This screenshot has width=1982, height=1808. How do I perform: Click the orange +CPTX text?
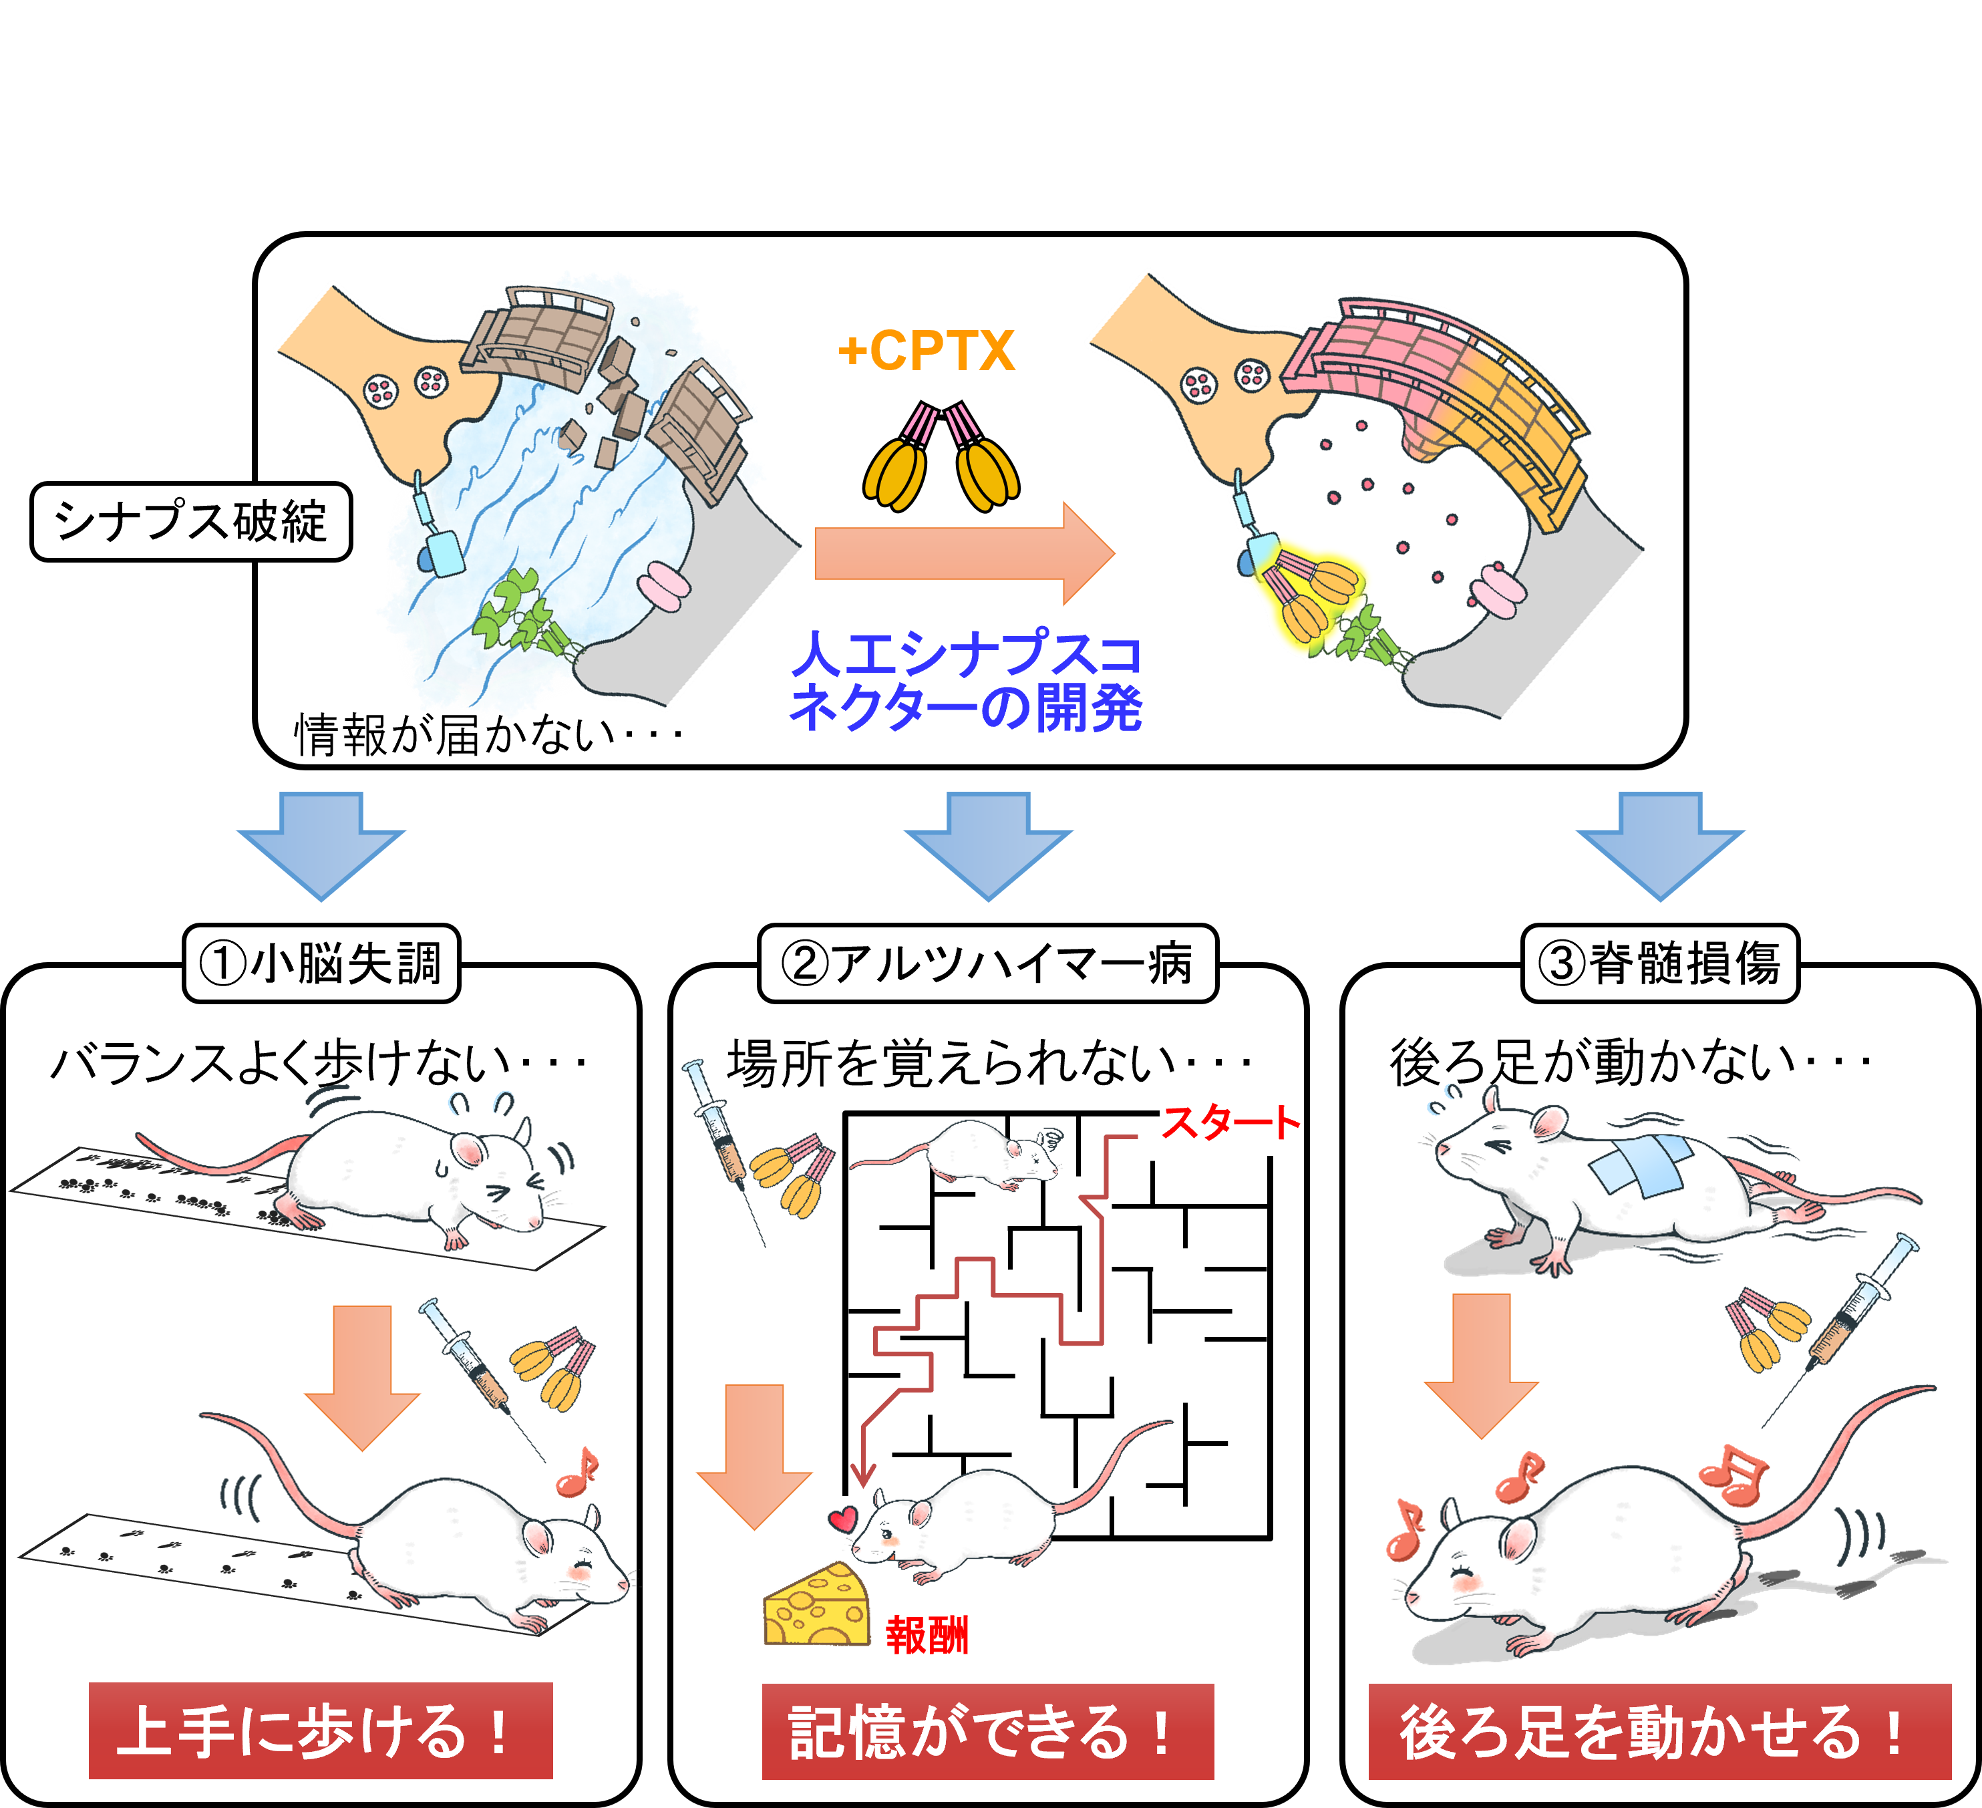[x=926, y=351]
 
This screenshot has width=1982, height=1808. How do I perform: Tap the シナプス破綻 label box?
[x=191, y=521]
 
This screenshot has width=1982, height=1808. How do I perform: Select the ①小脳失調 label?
[x=321, y=963]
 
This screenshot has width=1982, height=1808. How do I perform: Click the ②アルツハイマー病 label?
[x=987, y=963]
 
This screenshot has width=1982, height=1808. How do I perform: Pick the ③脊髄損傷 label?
[x=1659, y=963]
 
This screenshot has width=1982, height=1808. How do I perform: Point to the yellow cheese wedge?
[x=817, y=1608]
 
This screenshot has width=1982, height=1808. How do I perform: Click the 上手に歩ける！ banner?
[x=321, y=1731]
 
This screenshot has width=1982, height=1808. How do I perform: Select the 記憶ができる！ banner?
[x=987, y=1731]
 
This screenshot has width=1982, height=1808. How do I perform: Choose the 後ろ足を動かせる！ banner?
[x=1659, y=1731]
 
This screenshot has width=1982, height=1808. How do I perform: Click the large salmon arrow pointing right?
[x=963, y=553]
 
